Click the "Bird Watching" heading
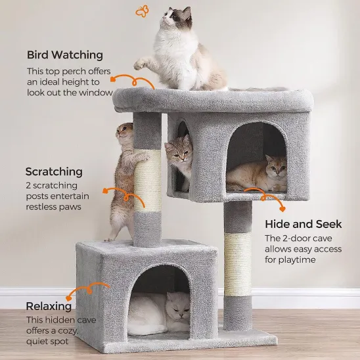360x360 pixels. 65,55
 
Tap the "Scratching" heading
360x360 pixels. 54,171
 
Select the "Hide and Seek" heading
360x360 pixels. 303,224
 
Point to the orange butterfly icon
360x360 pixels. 142,11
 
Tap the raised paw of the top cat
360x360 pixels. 139,64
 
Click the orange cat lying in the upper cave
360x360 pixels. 259,174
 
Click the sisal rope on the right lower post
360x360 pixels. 238,263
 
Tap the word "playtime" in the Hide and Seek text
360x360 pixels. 296,259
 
